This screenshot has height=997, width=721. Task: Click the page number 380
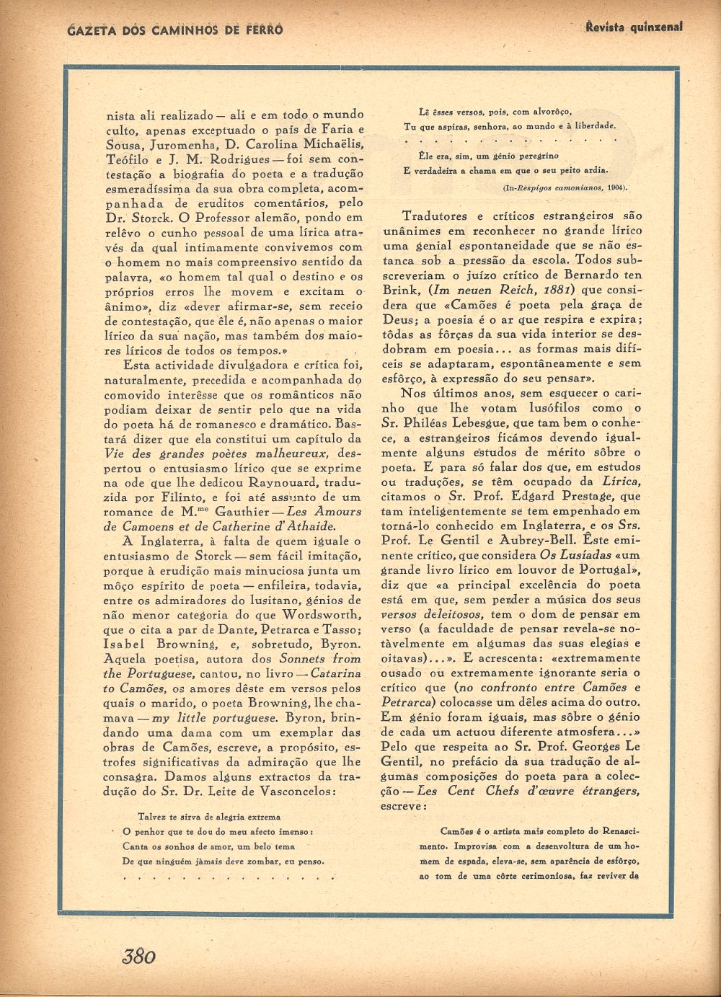tap(138, 956)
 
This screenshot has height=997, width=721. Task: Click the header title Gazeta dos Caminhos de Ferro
tap(174, 30)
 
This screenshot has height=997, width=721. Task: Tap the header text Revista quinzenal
tap(634, 27)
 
